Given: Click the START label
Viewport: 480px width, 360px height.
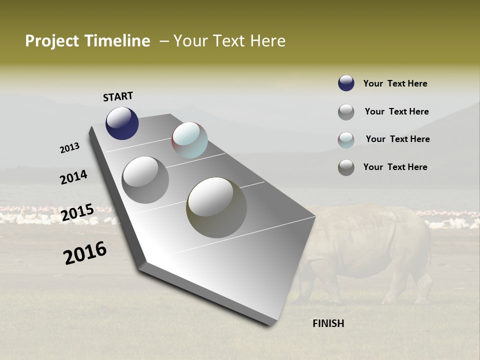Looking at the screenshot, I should [x=118, y=96].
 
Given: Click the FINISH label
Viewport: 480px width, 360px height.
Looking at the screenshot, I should [x=328, y=323].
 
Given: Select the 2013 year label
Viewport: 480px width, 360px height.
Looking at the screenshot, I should [x=69, y=148].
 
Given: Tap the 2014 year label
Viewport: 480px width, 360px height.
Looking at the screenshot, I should [x=73, y=177].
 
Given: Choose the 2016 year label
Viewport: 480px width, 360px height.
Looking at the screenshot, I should [x=85, y=253].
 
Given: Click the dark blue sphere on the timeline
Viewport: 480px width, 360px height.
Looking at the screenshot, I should [x=122, y=123].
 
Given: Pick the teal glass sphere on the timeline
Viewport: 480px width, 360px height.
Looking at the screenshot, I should [x=189, y=140].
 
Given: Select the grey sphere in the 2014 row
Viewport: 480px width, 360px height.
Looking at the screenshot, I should [x=145, y=179].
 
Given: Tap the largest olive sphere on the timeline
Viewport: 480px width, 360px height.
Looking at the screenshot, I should [x=216, y=207].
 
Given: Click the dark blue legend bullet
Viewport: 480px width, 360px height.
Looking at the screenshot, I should [x=346, y=83].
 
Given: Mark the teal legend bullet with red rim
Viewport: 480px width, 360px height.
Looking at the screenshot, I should [x=346, y=139].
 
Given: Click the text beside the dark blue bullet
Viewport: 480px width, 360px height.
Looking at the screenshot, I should [x=395, y=83].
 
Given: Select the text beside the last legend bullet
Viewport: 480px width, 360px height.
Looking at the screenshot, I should [x=395, y=167].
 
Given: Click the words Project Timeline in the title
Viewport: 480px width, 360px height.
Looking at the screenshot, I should [x=87, y=41].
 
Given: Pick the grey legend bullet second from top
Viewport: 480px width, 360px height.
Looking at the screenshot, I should [x=346, y=111].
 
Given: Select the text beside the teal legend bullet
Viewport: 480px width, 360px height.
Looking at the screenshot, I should [x=397, y=139].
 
